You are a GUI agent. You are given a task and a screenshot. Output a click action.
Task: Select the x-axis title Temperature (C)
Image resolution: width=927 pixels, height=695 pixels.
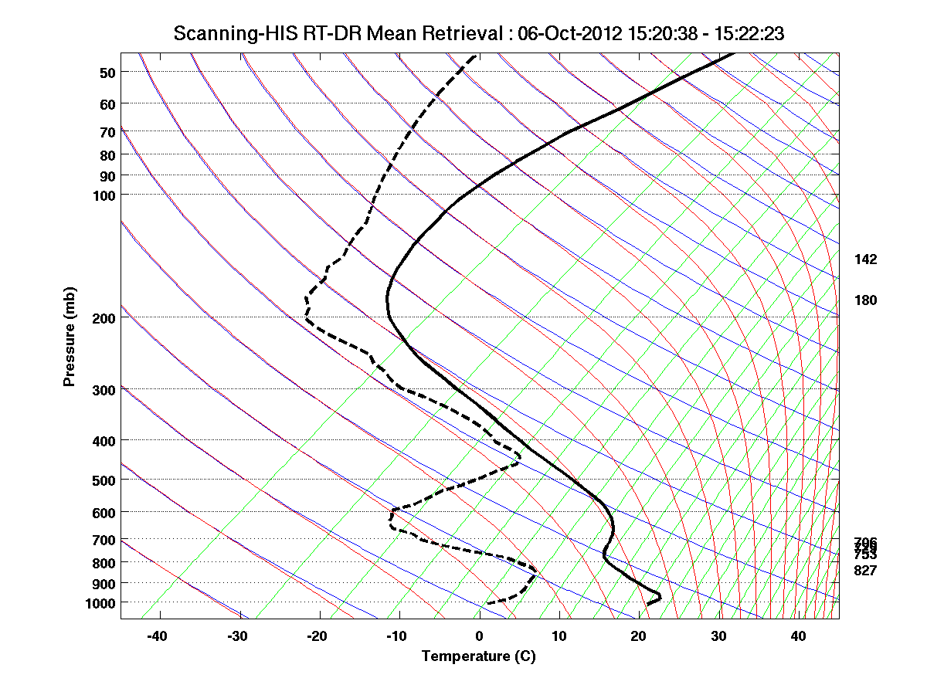(478, 656)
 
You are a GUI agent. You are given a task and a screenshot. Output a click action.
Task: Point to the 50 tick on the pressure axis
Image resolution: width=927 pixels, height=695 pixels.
(107, 73)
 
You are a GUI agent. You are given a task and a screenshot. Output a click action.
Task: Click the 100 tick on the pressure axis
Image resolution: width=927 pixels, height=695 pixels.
(104, 195)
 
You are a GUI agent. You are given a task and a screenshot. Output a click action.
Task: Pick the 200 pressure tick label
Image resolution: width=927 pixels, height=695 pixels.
(104, 317)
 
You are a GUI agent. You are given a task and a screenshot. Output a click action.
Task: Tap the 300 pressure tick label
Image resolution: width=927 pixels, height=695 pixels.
(104, 389)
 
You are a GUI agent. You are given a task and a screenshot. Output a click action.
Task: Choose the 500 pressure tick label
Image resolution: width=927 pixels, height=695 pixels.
(104, 480)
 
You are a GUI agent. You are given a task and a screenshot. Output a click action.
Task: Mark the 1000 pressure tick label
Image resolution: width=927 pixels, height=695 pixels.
(101, 602)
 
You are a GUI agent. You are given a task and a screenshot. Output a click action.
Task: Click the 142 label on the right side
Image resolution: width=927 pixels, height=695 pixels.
(865, 259)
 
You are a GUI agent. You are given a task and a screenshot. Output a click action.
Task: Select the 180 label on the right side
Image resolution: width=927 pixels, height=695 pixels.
(865, 300)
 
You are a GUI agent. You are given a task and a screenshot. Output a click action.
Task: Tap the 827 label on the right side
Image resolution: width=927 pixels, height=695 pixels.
(865, 571)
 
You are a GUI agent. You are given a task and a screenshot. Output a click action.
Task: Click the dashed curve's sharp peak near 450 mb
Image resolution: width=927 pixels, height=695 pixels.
(519, 462)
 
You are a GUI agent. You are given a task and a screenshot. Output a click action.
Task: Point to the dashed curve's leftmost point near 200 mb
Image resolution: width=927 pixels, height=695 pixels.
(306, 317)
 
